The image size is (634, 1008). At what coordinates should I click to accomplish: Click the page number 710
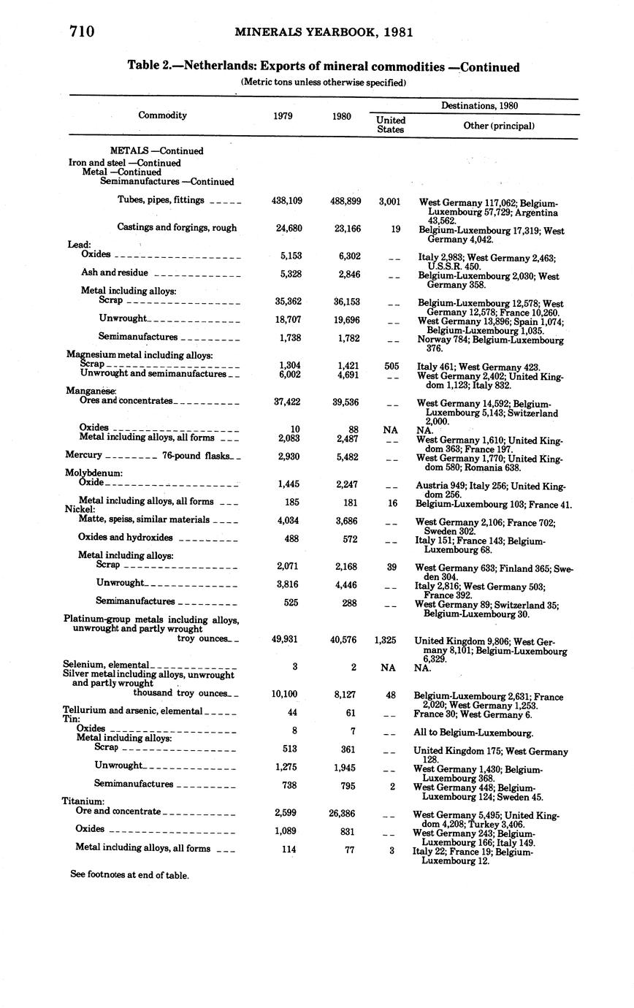[x=83, y=31]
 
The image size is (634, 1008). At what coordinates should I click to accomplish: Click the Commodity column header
[x=162, y=115]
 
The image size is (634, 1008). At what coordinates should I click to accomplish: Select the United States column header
[x=391, y=124]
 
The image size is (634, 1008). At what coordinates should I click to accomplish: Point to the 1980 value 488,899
[x=342, y=201]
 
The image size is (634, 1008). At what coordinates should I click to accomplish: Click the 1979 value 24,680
[x=287, y=228]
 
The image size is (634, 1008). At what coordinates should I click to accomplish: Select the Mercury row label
[x=83, y=455]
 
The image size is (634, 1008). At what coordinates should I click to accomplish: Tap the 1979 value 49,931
[x=287, y=640]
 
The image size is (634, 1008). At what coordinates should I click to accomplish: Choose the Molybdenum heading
[x=93, y=473]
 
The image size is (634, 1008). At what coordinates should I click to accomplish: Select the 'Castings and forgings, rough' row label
[x=177, y=228]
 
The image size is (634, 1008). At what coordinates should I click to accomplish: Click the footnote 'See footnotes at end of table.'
[x=129, y=875]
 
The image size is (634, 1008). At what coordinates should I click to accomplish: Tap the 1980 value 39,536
[x=342, y=402]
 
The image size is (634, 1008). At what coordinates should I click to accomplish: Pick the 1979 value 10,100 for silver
[x=287, y=694]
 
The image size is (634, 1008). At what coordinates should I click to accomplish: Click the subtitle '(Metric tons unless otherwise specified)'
[x=323, y=83]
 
